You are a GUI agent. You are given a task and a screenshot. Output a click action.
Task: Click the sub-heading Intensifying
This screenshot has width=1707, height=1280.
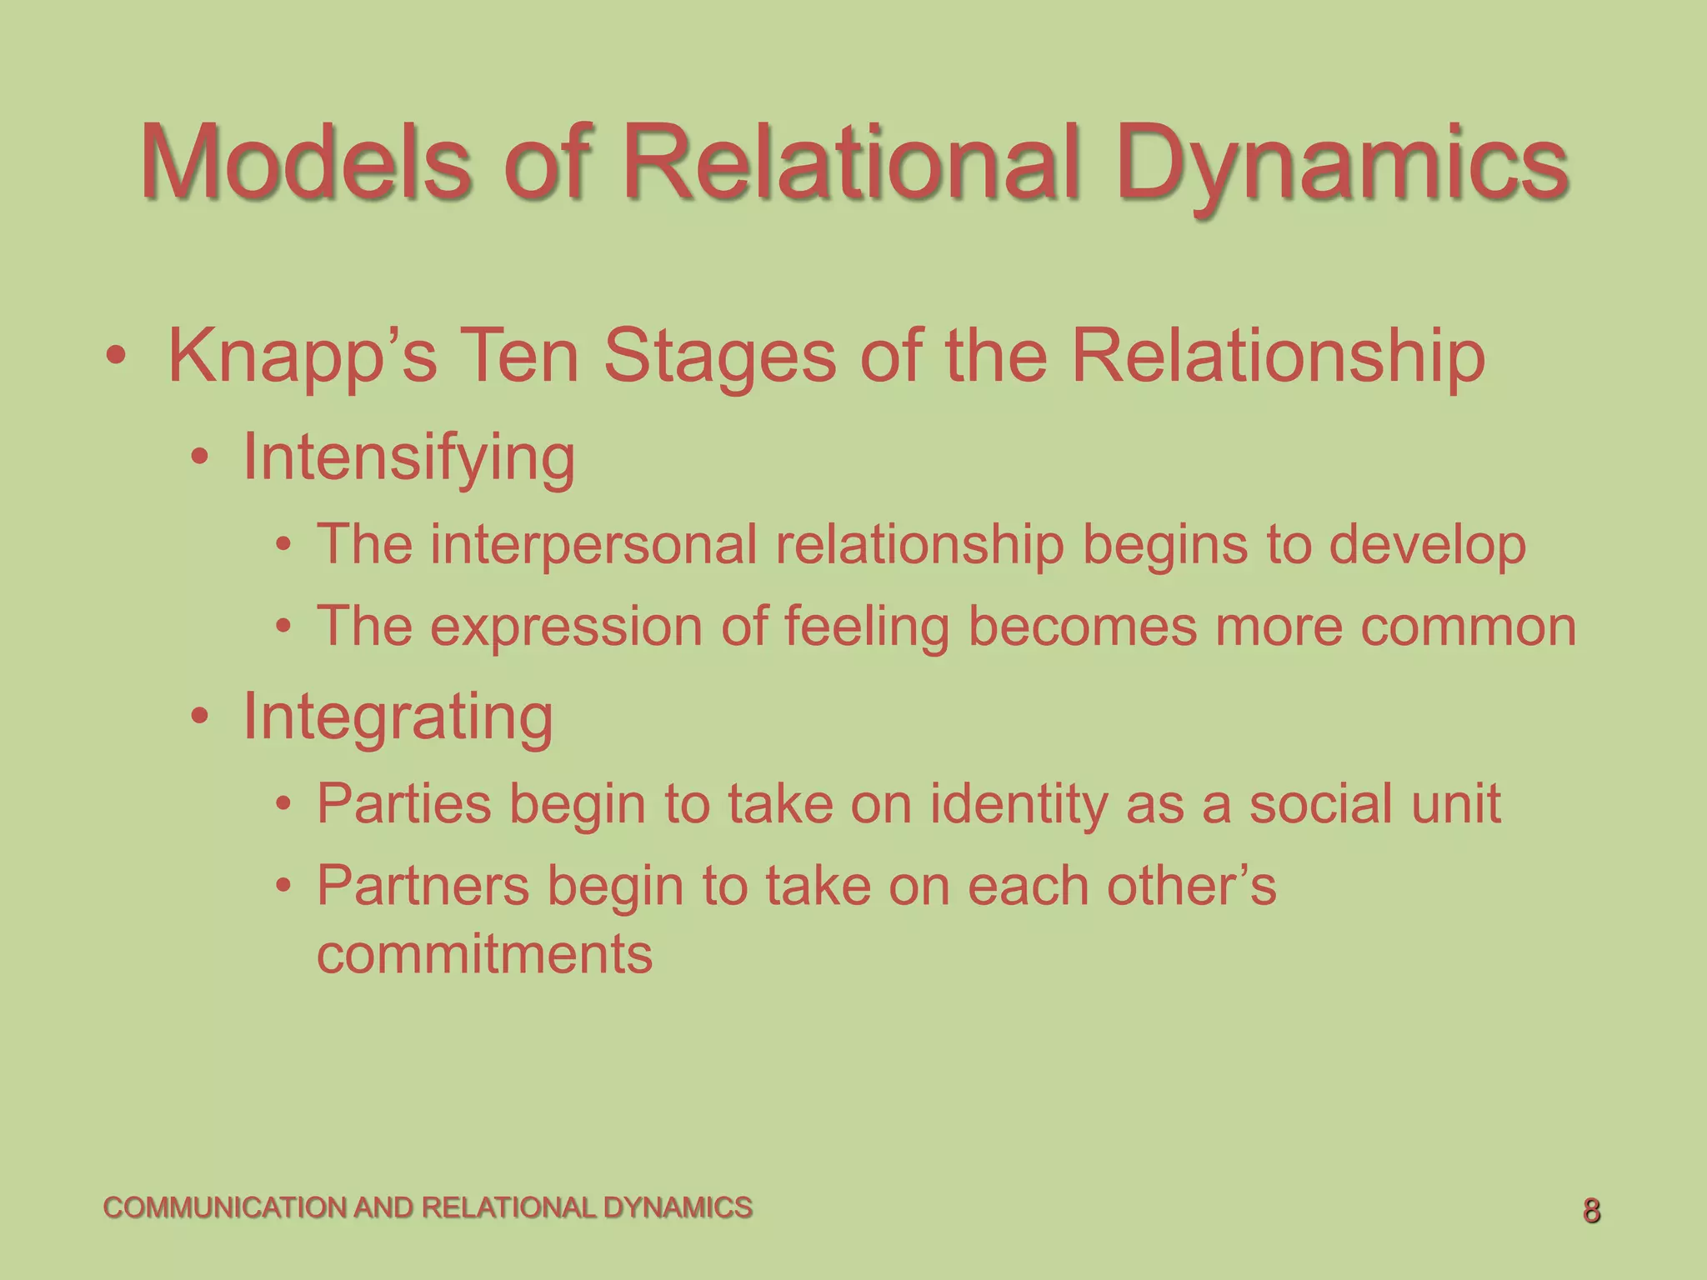tap(408, 458)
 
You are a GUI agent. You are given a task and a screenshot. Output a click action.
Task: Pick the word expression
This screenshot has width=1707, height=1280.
tap(566, 627)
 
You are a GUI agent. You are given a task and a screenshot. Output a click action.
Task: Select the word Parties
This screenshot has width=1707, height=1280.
tap(403, 804)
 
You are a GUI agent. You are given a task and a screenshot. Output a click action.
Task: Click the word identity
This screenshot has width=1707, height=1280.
tap(1018, 804)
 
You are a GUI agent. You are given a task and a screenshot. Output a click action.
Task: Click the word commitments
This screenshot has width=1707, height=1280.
tap(484, 954)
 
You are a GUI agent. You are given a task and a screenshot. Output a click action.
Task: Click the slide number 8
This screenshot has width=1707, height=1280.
tap(1591, 1211)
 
